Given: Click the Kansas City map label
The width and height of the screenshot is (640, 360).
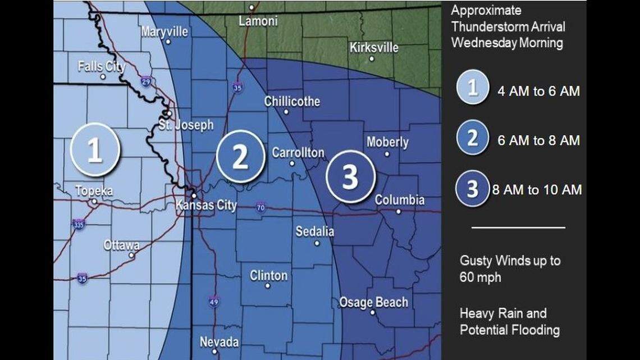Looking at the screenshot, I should click(x=206, y=205).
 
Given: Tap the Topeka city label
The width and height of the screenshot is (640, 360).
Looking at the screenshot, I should click(x=94, y=191).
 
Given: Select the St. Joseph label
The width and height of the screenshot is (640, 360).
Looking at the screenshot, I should click(x=186, y=125).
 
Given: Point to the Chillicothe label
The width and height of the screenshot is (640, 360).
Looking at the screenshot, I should click(x=292, y=102).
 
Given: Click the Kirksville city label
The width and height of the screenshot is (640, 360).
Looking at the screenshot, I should click(x=374, y=47).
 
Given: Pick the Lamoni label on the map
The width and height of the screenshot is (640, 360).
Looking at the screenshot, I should click(x=258, y=21).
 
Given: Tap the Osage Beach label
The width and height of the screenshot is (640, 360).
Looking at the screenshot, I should click(x=373, y=303).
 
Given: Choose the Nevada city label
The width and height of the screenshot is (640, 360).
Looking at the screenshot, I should click(x=220, y=342).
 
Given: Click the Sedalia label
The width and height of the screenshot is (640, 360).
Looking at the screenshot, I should click(x=315, y=231).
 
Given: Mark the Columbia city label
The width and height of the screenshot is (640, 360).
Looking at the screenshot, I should click(x=400, y=200).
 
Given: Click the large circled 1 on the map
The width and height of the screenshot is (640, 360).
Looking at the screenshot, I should click(x=95, y=150).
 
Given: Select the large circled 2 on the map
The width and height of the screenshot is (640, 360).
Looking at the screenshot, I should click(x=240, y=157).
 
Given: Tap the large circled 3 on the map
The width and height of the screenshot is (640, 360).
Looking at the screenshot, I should click(x=350, y=176).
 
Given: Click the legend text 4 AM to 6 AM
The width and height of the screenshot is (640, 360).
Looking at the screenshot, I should click(x=538, y=91).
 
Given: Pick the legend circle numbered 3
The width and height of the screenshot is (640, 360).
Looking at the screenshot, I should click(x=473, y=189).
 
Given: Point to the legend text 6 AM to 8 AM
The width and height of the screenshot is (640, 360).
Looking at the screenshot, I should click(x=538, y=140).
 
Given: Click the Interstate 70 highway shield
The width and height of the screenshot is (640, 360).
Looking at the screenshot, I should click(x=260, y=208).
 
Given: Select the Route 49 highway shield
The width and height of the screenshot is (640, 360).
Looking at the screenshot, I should click(x=213, y=302).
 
